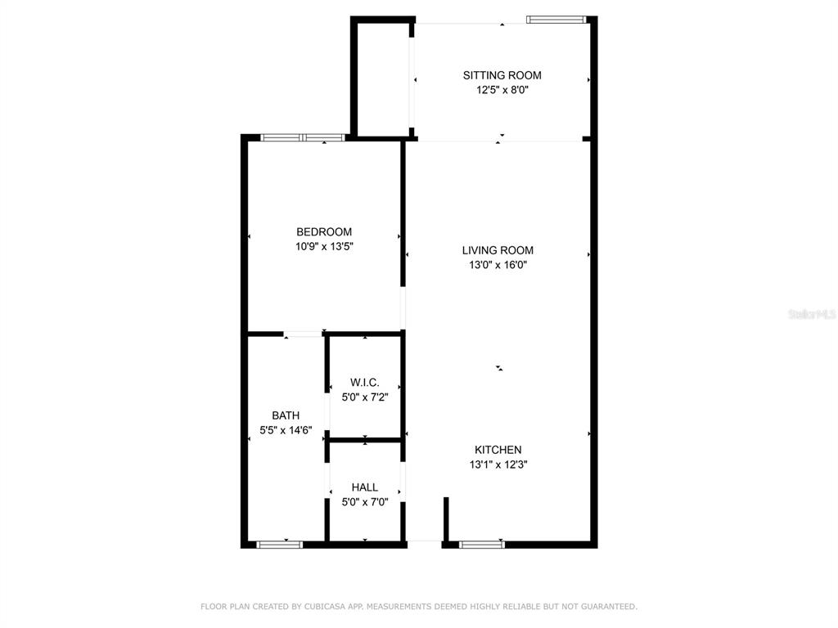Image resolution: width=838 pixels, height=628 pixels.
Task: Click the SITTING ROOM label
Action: click(502, 75)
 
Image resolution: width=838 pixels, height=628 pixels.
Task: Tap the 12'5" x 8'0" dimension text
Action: click(502, 91)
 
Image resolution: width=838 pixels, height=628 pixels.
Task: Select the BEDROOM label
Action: click(324, 231)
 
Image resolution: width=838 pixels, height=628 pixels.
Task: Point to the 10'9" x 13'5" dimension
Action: click(324, 246)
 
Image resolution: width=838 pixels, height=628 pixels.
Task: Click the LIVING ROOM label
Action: click(498, 250)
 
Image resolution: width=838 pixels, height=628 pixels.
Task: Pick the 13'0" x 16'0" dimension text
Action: click(498, 265)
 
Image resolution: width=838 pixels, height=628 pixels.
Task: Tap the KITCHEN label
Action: click(498, 450)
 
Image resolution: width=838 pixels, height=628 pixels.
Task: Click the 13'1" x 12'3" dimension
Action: click(498, 464)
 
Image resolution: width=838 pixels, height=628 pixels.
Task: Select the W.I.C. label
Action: click(364, 382)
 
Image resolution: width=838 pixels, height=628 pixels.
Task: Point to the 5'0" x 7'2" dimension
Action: click(364, 397)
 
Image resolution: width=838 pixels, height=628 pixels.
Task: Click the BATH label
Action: click(286, 415)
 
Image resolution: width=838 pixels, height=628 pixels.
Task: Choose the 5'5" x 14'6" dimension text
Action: click(286, 430)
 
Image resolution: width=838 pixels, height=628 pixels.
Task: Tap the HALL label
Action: click(364, 487)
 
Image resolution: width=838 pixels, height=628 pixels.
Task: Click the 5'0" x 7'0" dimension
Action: click(364, 502)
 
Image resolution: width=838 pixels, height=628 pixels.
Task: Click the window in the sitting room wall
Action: click(556, 19)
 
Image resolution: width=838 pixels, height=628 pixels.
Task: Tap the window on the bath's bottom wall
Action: click(279, 544)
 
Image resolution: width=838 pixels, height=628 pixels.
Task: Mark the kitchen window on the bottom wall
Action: click(481, 544)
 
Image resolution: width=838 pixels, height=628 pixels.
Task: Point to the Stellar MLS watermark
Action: click(811, 314)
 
